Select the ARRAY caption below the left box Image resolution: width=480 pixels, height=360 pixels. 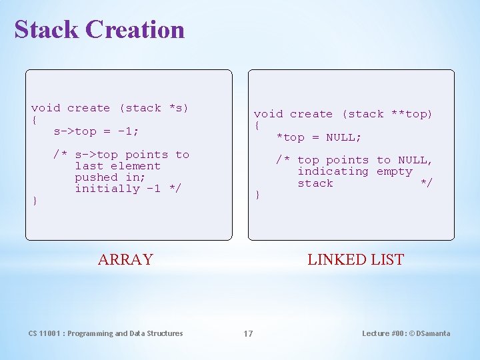(x=125, y=259)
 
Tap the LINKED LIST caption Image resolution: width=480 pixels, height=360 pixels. (x=355, y=259)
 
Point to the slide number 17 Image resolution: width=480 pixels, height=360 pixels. (x=247, y=333)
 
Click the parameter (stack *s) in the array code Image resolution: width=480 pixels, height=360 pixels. (x=154, y=108)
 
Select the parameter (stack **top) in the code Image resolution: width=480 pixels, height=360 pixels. (x=387, y=114)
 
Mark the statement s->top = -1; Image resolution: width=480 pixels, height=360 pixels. (x=96, y=131)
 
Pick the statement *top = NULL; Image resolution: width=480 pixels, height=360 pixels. (x=319, y=137)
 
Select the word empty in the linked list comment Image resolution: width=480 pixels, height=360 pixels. (x=395, y=171)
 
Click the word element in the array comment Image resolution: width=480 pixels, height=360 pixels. (x=136, y=166)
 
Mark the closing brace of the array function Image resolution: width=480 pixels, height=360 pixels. (x=35, y=200)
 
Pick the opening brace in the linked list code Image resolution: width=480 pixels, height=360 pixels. (x=257, y=125)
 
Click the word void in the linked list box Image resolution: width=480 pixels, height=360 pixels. (x=268, y=114)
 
